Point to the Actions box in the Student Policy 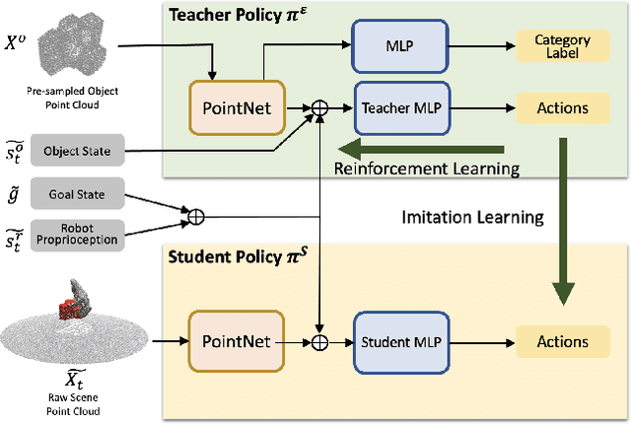[x=562, y=342]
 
